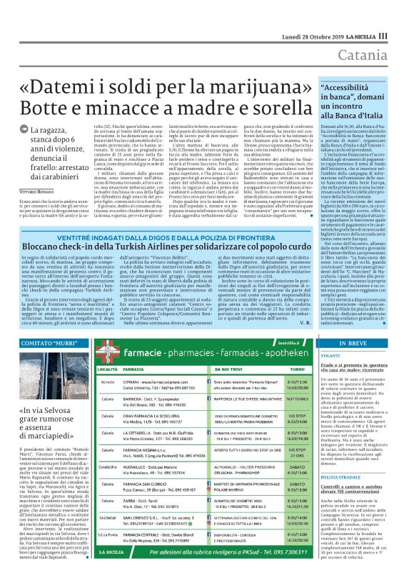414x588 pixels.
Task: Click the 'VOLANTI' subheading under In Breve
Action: point(331,355)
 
